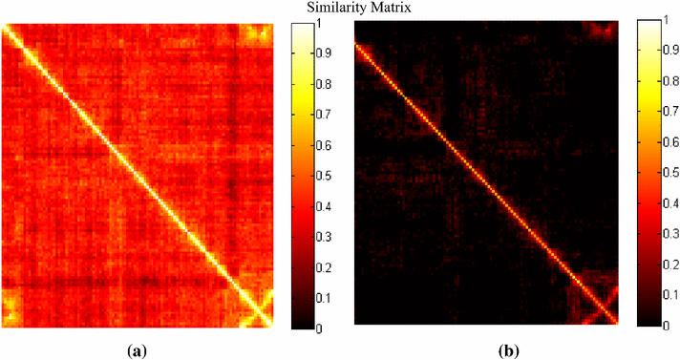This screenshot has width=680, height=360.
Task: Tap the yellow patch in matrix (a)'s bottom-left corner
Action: click(12, 308)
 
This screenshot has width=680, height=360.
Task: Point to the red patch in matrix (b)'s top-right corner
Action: click(601, 31)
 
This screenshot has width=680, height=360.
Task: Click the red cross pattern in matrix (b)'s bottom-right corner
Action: click(600, 308)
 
